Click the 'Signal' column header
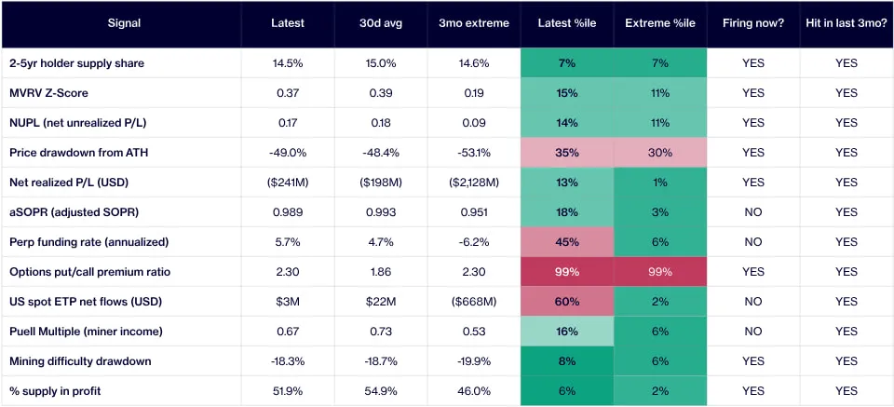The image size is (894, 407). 124,23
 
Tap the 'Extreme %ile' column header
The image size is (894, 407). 659,23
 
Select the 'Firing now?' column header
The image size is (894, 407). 752,23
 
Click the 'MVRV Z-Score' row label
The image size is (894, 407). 49,93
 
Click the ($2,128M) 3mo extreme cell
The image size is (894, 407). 474,183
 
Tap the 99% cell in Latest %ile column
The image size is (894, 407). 567,272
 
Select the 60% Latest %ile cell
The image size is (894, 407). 567,302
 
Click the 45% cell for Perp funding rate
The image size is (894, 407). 567,242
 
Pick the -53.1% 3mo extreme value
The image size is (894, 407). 474,153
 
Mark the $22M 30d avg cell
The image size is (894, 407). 381,302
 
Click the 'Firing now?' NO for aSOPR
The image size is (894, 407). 752,212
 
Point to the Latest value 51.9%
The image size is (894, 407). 288,391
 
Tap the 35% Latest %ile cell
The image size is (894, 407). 567,153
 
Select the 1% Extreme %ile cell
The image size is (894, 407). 659,183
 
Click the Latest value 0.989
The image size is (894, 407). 288,212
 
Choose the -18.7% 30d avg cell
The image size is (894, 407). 381,361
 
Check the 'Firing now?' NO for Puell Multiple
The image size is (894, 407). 752,332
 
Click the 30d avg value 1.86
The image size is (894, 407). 381,272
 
